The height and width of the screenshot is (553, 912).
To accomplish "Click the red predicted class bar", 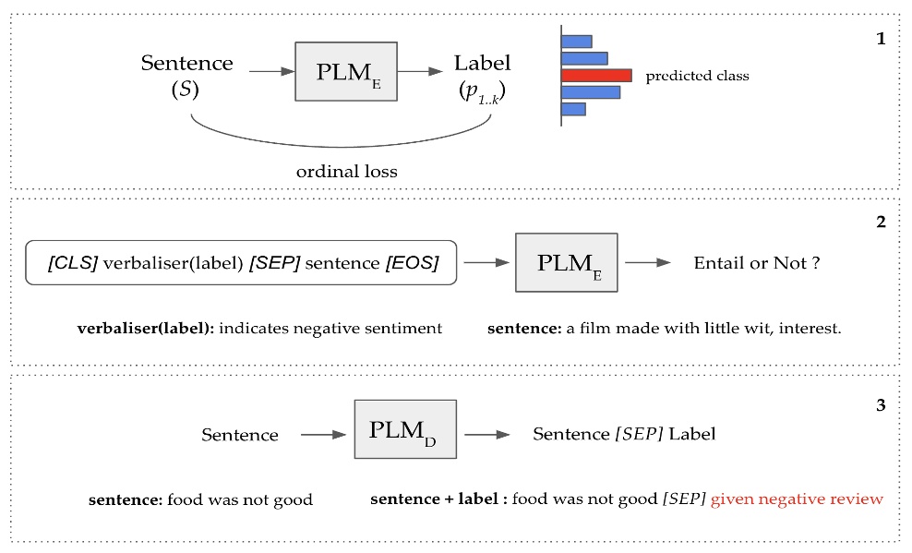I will point(596,76).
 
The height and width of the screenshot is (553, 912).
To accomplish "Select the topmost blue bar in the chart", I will point(577,41).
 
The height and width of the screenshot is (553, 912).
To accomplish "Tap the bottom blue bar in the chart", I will point(573,109).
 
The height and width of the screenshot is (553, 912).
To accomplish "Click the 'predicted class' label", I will point(697,76).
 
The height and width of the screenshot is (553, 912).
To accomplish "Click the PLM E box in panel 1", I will point(338,70).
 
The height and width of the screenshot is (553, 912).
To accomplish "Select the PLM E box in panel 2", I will point(566,262).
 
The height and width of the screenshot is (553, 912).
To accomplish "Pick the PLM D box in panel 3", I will point(405,428).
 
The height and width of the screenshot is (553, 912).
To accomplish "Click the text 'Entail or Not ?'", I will point(757,263).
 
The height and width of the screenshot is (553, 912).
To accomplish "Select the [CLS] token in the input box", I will point(72,263).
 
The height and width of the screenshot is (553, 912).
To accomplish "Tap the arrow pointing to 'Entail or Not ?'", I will point(651,263).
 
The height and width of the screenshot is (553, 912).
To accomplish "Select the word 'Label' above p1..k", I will point(482,64).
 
